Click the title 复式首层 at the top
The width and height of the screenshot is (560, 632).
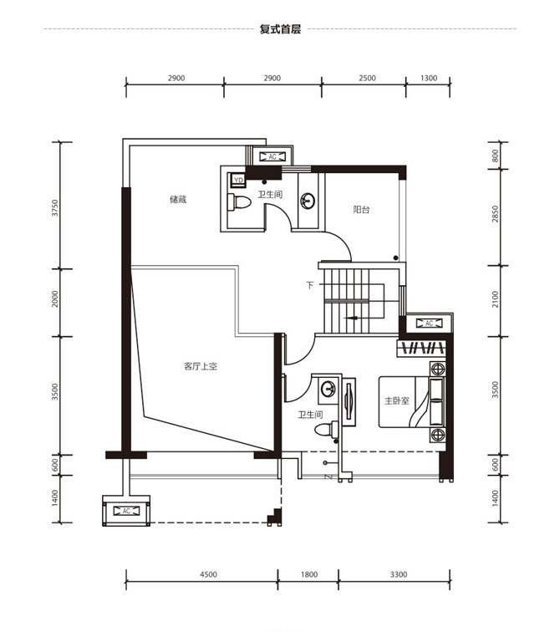pos(280,29)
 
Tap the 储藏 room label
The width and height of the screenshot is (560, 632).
pos(178,199)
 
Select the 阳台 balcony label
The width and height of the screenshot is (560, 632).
pos(361,210)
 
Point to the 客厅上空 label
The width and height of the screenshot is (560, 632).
pos(201,366)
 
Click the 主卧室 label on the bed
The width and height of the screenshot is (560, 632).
pos(397,400)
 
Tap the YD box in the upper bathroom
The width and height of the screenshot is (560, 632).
pos(238,181)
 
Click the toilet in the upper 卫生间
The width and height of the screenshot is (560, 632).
pos(239,202)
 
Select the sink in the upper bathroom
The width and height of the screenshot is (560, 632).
pos(308,201)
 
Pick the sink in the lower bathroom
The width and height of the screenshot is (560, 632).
pos(328,390)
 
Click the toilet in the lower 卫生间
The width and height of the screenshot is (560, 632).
pos(327,429)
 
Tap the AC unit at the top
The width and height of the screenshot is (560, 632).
pos(272,156)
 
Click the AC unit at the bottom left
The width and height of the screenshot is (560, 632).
pos(126,511)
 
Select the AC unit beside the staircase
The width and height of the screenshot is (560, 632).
pos(429,324)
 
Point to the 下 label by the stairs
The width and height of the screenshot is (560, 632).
pos(310,285)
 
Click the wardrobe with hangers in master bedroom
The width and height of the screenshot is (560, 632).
pos(421,349)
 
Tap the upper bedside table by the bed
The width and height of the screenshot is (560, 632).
pos(437,369)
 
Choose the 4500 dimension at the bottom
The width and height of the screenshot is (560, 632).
pos(208,574)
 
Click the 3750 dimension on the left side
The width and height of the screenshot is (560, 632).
pos(55,208)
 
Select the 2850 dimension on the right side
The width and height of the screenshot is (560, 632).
pos(495,214)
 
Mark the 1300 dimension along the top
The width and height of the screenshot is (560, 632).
pos(429,79)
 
